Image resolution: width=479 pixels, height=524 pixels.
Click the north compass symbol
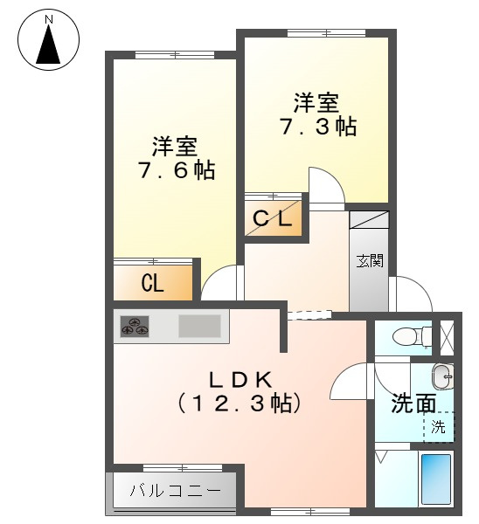(x=48, y=39)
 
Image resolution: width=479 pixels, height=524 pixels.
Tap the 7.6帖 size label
(x=176, y=169)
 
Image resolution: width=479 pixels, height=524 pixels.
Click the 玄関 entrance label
(x=368, y=259)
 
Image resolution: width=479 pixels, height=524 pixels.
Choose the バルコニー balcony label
(x=175, y=490)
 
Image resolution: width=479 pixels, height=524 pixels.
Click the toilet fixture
(x=410, y=335)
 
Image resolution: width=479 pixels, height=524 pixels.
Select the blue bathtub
(x=435, y=478)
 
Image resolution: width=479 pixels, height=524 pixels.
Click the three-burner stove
(x=135, y=327)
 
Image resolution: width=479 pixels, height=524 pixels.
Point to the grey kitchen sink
(x=201, y=327)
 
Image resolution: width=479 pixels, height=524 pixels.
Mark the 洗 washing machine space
(x=440, y=427)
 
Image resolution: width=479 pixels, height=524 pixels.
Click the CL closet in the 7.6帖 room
(x=152, y=283)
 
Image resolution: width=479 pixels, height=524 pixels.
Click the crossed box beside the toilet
(x=447, y=336)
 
